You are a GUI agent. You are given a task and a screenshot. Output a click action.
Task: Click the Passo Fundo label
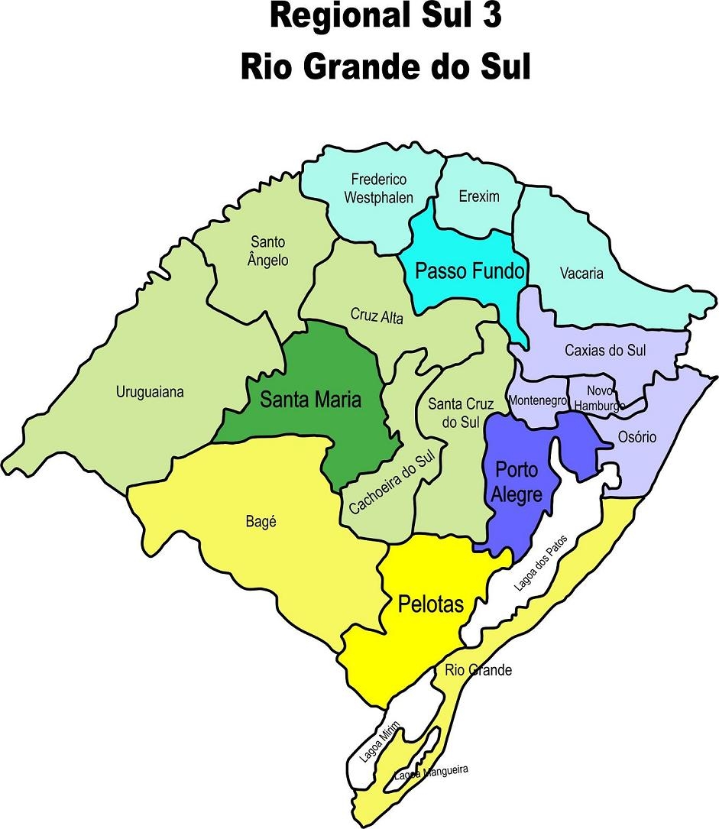pyautogui.click(x=468, y=270)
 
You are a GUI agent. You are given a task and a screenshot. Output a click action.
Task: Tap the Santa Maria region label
pyautogui.click(x=309, y=399)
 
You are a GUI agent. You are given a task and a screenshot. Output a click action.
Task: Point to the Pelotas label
pyautogui.click(x=431, y=604)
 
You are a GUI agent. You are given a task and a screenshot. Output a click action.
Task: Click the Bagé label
pyautogui.click(x=261, y=522)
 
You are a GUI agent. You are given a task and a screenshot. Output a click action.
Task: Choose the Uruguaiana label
pyautogui.click(x=150, y=392)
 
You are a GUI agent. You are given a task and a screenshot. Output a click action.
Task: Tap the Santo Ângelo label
pyautogui.click(x=268, y=251)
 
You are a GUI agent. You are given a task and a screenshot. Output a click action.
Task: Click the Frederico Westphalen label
pyautogui.click(x=378, y=188)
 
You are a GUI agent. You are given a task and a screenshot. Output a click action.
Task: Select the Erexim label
pyautogui.click(x=479, y=196)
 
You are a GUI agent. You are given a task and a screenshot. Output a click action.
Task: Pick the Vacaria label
pyautogui.click(x=581, y=273)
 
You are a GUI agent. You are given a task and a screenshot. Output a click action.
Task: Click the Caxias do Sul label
pyautogui.click(x=605, y=351)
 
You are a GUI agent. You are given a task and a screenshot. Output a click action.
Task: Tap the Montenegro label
pyautogui.click(x=537, y=400)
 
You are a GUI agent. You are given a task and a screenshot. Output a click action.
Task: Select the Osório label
pyautogui.click(x=636, y=437)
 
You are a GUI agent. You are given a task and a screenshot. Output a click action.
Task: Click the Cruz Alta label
pyautogui.click(x=376, y=315)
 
